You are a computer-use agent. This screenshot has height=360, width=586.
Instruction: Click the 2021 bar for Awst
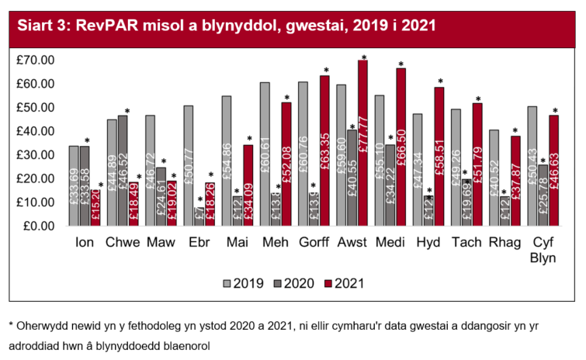(x=362, y=144)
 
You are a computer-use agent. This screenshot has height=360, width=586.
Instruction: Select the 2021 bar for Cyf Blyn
(x=554, y=171)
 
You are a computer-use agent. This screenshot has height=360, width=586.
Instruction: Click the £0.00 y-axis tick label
(x=37, y=227)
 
